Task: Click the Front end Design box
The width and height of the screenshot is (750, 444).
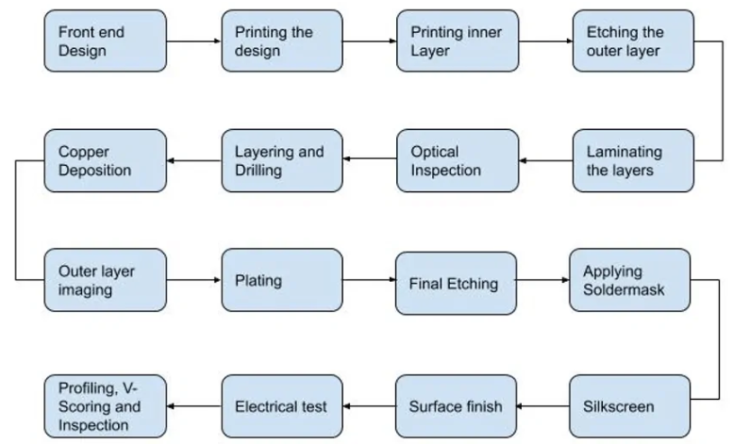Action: coord(105,41)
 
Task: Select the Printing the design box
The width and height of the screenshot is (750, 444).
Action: coord(281,41)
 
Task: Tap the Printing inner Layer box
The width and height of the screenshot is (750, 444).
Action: coord(458,41)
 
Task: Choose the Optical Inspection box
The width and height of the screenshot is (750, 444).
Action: coord(458,160)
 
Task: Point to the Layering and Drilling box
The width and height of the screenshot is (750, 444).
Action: coord(281,160)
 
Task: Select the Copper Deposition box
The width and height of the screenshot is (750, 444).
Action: coord(105,160)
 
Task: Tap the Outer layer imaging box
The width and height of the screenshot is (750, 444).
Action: coord(105,280)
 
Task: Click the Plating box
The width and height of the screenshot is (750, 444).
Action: coord(281,280)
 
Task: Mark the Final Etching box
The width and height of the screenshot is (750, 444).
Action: coord(457,282)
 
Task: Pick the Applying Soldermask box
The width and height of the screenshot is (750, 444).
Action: coord(631,280)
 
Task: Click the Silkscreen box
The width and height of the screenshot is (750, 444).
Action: coord(631,406)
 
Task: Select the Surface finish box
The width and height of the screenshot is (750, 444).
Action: coord(457,406)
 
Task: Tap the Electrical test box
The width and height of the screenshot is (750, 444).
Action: coord(281,406)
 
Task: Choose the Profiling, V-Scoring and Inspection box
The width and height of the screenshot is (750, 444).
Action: coord(105,406)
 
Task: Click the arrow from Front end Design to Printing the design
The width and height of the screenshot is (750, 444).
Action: coord(193,41)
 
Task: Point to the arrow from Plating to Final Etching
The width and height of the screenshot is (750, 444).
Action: coord(369,281)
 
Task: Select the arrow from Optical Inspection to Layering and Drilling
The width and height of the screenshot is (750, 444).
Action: coord(369,160)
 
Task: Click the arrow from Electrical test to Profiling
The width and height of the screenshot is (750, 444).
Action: coord(193,406)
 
